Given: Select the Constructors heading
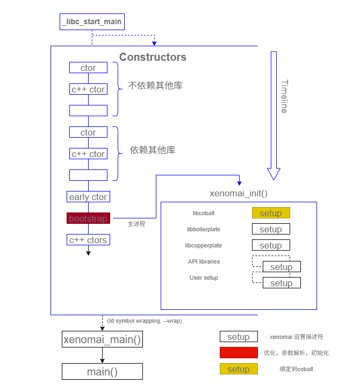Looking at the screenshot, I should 153,57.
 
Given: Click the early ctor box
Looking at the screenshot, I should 88,197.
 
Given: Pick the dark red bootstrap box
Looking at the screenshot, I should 88,218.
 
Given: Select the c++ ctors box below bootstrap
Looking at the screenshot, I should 88,240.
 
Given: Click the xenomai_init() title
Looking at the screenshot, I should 238,193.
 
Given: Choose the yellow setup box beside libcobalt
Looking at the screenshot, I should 271,213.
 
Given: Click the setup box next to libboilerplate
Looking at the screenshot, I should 271,229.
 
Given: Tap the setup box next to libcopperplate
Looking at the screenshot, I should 271,245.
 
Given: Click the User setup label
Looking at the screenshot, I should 204,278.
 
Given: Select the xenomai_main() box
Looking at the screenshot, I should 103,339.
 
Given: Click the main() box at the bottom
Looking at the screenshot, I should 103,372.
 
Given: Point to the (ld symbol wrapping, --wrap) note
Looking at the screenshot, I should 144,321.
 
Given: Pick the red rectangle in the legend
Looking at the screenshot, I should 239,353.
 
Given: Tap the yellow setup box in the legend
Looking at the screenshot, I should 239,369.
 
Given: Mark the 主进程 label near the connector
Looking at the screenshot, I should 136,224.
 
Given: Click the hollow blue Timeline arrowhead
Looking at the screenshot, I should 274,174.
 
